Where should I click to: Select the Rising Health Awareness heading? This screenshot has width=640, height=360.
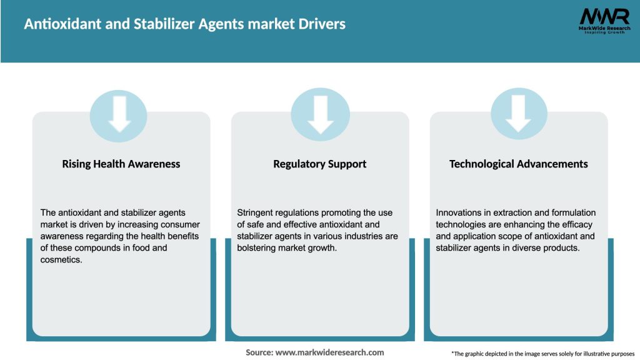tap(121, 164)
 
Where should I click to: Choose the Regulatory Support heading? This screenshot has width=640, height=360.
tap(320, 164)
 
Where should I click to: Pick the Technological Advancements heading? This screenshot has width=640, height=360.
tap(519, 164)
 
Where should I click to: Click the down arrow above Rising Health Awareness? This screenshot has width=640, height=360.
tap(119, 115)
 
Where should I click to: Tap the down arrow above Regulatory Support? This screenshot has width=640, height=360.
tap(321, 115)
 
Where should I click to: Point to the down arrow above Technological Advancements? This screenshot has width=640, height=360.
tap(518, 115)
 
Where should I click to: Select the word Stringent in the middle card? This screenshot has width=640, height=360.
tap(257, 213)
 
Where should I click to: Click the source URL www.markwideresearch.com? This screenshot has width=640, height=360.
tap(330, 352)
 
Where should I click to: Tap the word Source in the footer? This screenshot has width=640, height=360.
tap(259, 352)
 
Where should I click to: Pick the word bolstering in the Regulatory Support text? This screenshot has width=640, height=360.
tap(259, 248)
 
